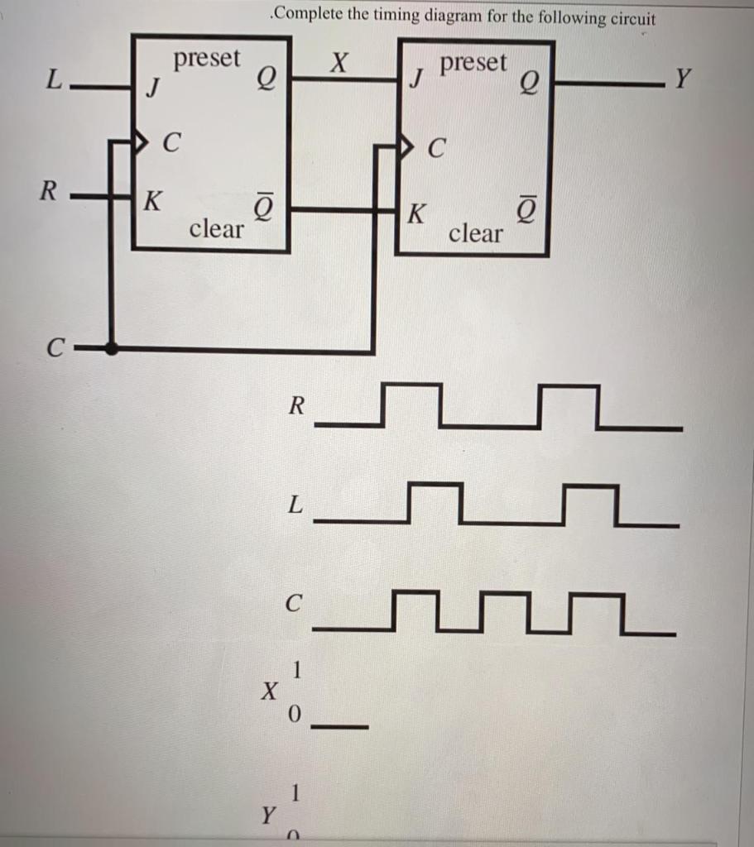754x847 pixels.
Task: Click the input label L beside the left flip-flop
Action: (54, 81)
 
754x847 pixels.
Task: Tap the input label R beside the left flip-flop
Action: (49, 192)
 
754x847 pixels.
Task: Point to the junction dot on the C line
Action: (113, 349)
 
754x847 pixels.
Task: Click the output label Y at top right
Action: (682, 79)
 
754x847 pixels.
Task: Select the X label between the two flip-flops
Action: (339, 62)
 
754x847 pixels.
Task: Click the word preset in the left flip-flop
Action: (207, 59)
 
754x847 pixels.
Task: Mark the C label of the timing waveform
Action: (292, 605)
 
